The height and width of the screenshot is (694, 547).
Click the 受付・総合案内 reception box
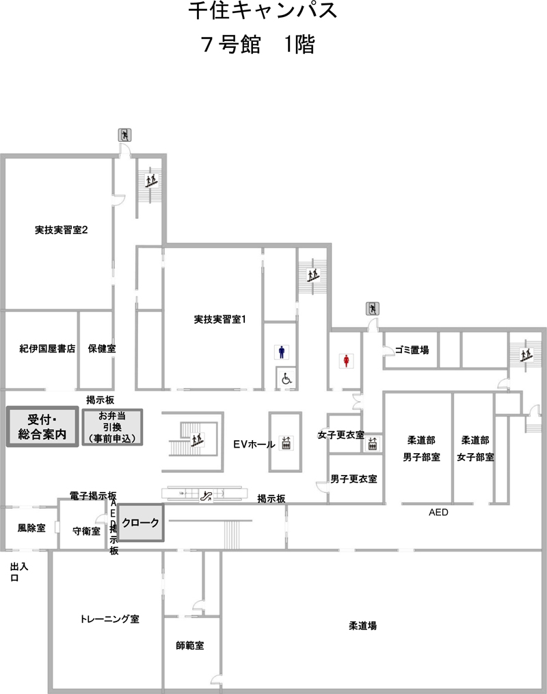coord(42,426)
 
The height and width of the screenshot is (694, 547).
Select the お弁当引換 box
coord(112,427)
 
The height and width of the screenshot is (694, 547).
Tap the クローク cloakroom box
coord(141,523)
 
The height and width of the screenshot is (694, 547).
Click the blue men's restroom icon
coord(282,352)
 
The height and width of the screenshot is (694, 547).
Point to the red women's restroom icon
coord(347,361)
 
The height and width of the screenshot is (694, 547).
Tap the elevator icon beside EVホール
coord(286,443)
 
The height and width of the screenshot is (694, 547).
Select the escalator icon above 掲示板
coord(206,496)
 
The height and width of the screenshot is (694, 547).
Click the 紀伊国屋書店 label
coord(47,349)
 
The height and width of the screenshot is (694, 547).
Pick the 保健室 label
coord(102,349)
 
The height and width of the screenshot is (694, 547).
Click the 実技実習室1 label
coord(219,319)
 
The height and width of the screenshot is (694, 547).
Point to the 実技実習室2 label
coord(61,230)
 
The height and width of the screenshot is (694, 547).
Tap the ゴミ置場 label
coord(412,350)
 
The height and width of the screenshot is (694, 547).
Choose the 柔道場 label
coord(362,626)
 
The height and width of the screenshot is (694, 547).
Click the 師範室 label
coord(189,646)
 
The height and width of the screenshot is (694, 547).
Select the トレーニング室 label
coord(109,619)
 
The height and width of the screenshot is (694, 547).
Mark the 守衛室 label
coord(86,531)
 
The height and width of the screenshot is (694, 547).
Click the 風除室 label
coord(31,528)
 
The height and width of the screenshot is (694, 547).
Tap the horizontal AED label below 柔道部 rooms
coord(438,513)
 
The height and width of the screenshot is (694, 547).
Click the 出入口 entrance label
coord(19,572)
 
